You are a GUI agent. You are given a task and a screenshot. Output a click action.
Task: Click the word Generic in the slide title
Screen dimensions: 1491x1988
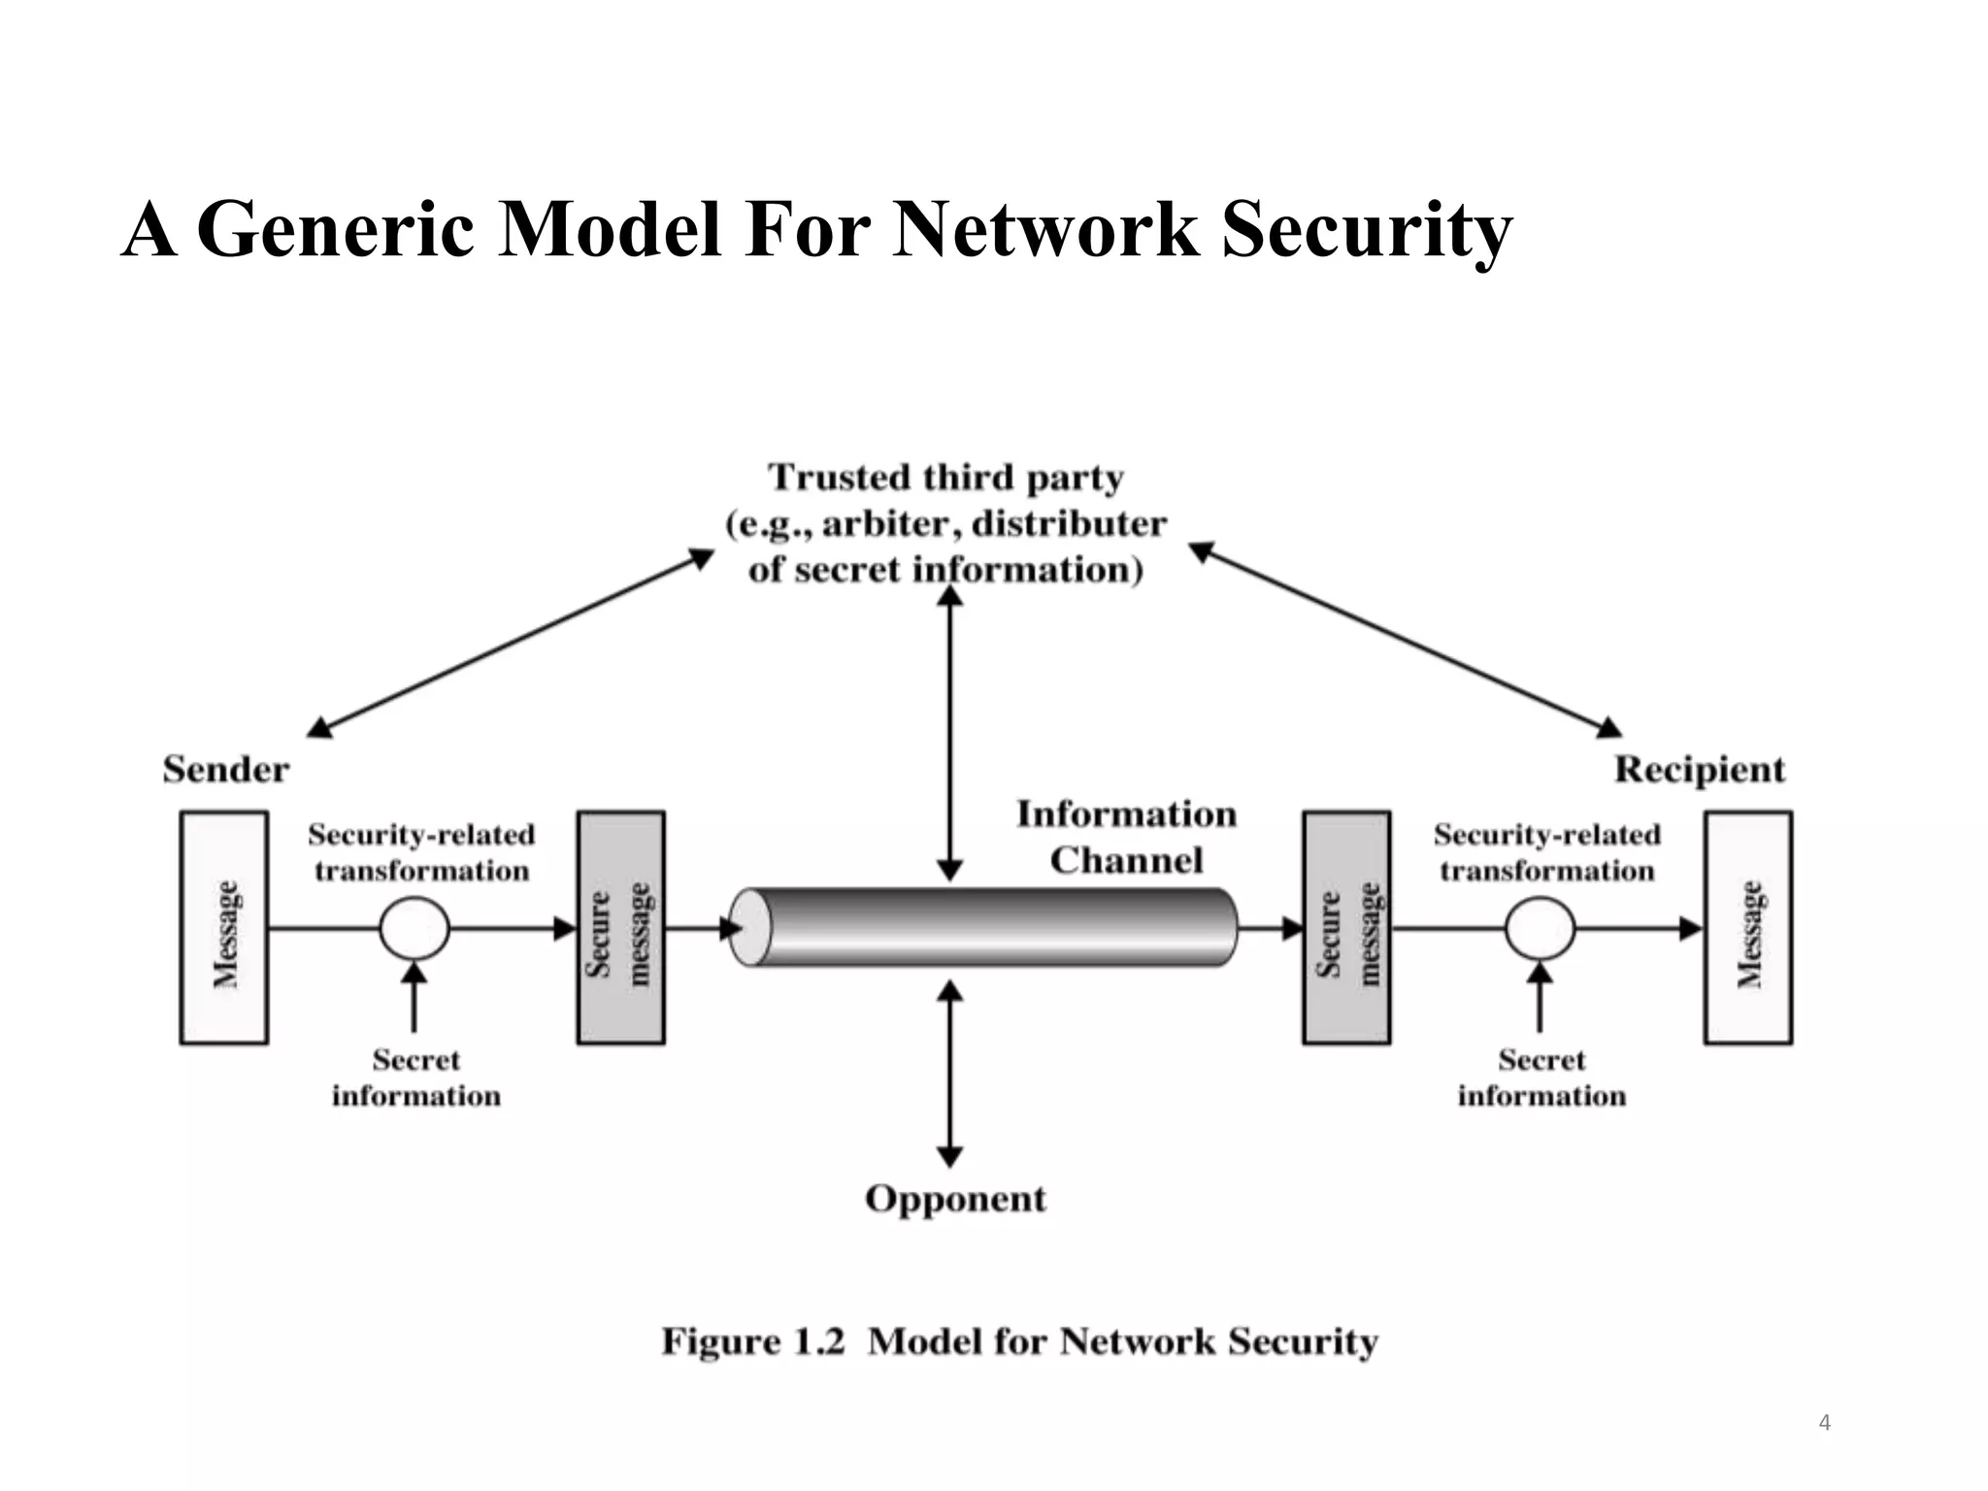335,231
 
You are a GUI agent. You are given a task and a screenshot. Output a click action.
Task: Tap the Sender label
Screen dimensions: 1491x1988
225,770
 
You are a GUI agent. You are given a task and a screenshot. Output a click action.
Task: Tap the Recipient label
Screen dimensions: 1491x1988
1699,770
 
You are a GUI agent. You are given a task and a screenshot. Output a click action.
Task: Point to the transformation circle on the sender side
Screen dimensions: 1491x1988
414,929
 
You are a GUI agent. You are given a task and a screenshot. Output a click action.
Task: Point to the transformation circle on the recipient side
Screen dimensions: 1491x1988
1540,929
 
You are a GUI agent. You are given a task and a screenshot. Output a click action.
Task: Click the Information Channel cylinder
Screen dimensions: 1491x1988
983,928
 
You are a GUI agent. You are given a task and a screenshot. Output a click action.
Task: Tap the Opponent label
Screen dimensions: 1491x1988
955,1199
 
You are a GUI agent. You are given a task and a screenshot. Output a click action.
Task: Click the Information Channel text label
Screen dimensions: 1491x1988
1126,837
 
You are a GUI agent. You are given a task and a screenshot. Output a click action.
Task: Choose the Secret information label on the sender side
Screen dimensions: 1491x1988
415,1077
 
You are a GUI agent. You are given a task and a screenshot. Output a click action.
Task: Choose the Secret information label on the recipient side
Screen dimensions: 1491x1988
1541,1077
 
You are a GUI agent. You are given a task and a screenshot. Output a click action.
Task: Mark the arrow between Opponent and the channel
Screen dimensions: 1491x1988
949,1074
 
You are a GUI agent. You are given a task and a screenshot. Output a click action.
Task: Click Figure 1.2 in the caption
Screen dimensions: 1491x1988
753,1342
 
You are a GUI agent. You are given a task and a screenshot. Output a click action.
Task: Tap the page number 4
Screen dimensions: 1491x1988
1824,1423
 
